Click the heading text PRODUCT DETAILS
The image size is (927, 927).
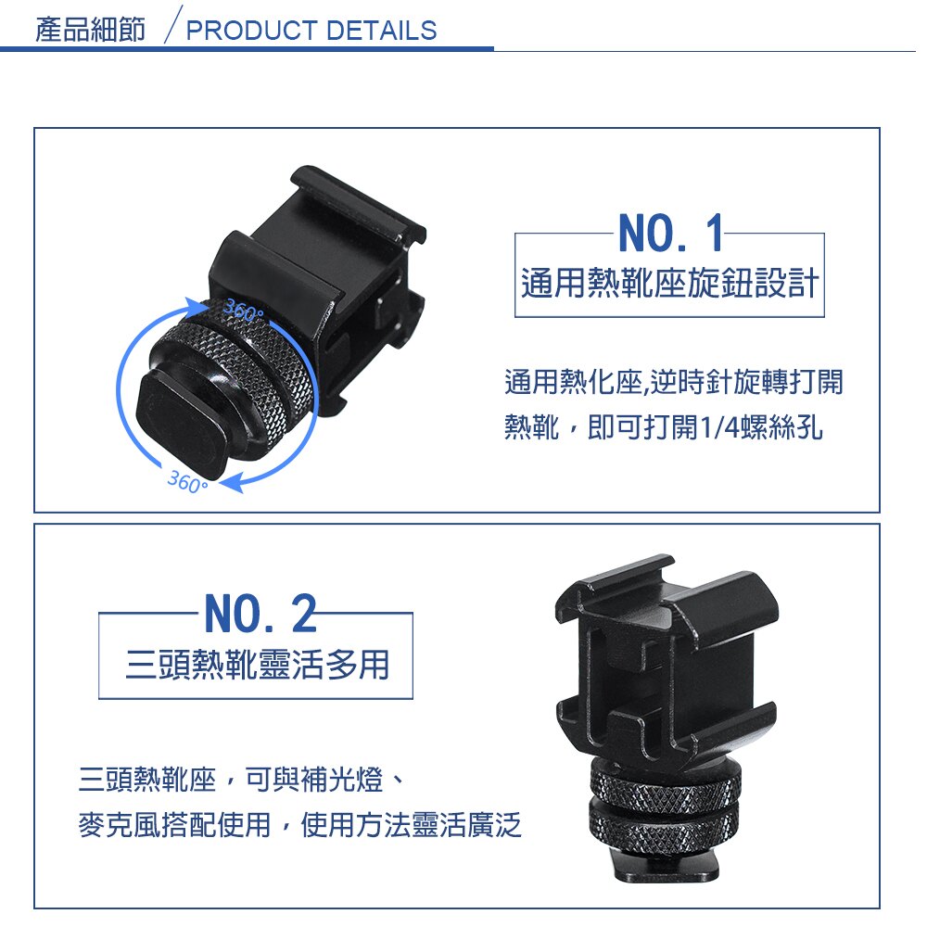(x=311, y=31)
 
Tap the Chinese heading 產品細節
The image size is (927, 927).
(x=91, y=30)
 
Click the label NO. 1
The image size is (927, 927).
(x=669, y=235)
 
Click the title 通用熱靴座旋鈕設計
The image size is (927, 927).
(x=669, y=283)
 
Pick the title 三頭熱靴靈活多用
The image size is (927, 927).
(x=257, y=665)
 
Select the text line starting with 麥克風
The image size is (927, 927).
(x=299, y=824)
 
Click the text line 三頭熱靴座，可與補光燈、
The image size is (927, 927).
(x=242, y=780)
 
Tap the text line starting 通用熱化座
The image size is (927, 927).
(x=673, y=381)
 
